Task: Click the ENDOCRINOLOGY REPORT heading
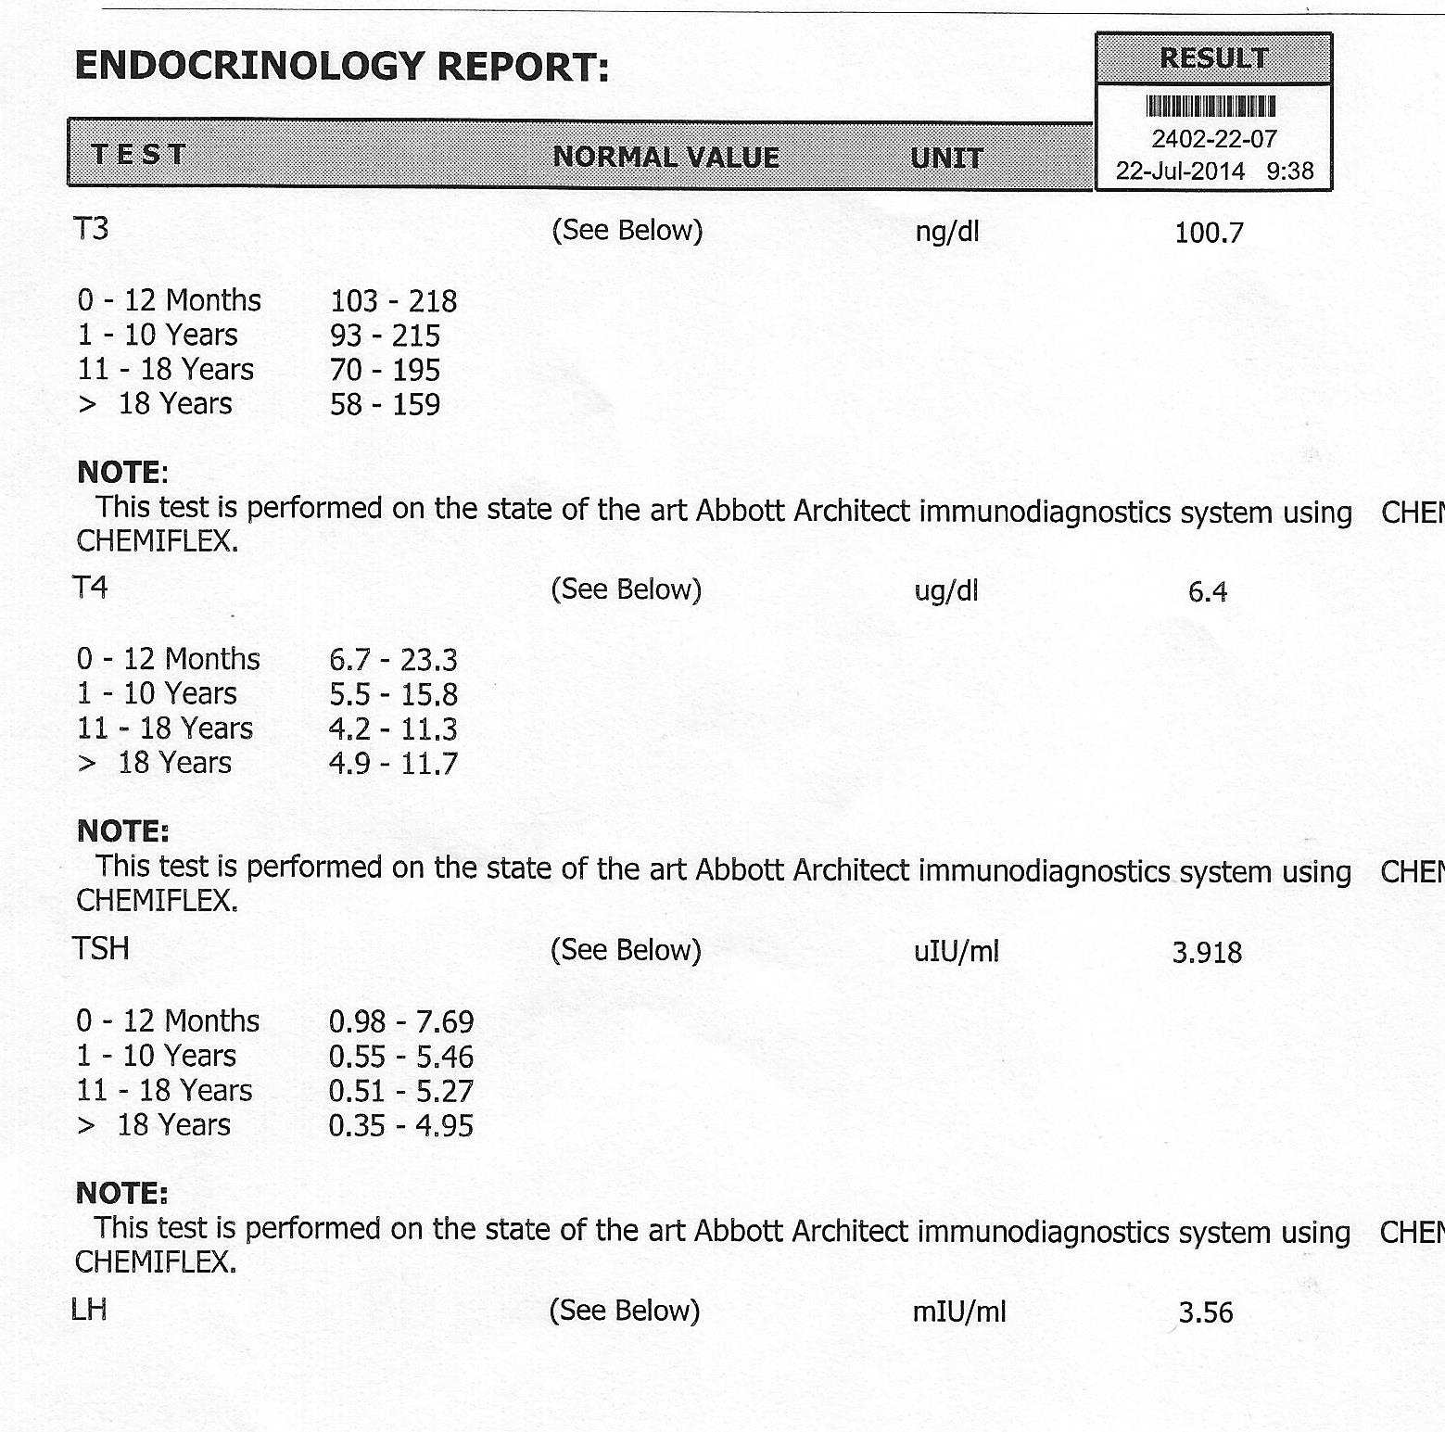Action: [342, 67]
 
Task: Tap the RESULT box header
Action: [1213, 58]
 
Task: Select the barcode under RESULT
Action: [1211, 107]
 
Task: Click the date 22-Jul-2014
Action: [1180, 171]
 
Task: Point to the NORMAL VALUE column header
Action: [665, 157]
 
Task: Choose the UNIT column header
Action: [946, 158]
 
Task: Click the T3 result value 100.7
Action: [1209, 233]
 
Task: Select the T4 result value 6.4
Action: [1208, 591]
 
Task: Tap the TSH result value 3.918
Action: [1207, 953]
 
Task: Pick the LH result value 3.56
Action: [1206, 1312]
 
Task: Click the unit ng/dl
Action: [946, 232]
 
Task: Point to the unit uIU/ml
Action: [956, 951]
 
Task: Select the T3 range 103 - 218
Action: [393, 301]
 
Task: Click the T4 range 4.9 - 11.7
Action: [393, 764]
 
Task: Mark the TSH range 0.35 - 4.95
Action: [400, 1125]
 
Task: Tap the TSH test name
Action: [101, 949]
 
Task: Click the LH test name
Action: [89, 1310]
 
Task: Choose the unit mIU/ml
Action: [958, 1312]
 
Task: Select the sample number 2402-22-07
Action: [1214, 139]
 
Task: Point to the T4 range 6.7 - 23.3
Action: [393, 660]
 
